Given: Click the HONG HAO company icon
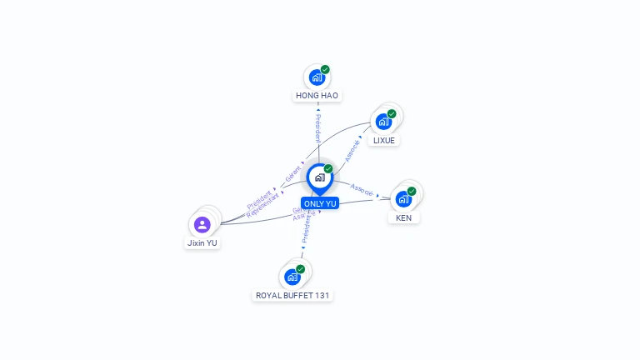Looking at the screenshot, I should click(x=317, y=77).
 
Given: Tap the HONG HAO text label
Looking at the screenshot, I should click(x=317, y=96).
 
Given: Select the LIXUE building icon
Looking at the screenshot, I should click(x=383, y=122).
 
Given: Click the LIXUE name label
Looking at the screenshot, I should click(x=384, y=140).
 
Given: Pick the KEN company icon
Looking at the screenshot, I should click(x=403, y=199).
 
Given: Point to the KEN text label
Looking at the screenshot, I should click(x=404, y=217).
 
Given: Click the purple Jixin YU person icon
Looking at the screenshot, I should click(x=202, y=224).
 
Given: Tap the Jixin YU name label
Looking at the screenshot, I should click(x=202, y=242).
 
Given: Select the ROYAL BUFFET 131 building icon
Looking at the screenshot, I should click(x=292, y=277).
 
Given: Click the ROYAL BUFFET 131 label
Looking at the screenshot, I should click(x=292, y=295).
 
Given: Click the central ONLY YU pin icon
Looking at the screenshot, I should click(x=319, y=177).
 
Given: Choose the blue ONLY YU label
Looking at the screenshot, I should click(x=320, y=203).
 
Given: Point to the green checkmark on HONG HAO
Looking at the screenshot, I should click(x=325, y=69).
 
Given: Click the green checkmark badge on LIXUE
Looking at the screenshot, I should click(x=392, y=113).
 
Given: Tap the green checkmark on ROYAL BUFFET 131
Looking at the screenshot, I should click(x=300, y=268).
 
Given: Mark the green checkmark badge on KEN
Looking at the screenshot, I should click(x=412, y=191).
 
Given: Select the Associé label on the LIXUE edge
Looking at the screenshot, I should click(x=352, y=150).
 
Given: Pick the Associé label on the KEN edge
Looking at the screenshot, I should click(x=362, y=189).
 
